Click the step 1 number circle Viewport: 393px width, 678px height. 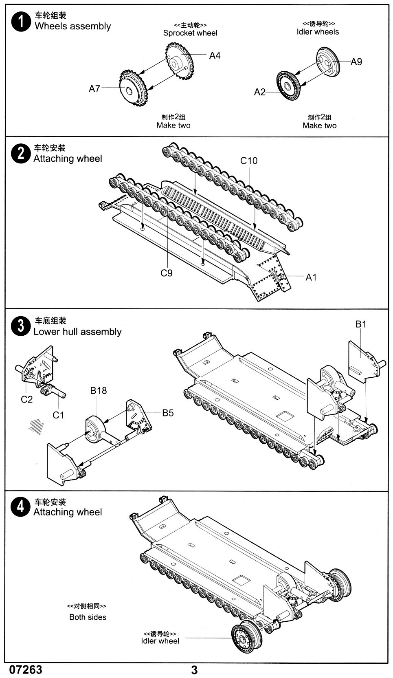click(x=21, y=22)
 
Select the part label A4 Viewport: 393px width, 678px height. click(x=215, y=56)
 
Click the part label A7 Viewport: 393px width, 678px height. click(x=94, y=88)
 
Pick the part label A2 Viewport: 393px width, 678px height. click(x=260, y=92)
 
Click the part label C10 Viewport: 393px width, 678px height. click(x=249, y=161)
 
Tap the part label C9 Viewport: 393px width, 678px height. click(x=166, y=273)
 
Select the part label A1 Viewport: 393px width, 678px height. click(x=311, y=277)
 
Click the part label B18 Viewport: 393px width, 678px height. click(x=99, y=391)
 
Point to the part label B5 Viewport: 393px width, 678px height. click(x=168, y=413)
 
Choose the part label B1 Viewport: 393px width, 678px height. click(x=361, y=324)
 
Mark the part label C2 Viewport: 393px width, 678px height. click(x=26, y=400)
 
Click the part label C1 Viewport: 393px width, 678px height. click(x=58, y=415)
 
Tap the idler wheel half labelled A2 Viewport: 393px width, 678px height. click(x=288, y=85)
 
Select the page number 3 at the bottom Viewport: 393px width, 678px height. click(x=194, y=670)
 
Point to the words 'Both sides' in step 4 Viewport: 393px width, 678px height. click(x=88, y=617)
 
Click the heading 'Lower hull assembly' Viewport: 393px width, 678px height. click(x=77, y=332)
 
